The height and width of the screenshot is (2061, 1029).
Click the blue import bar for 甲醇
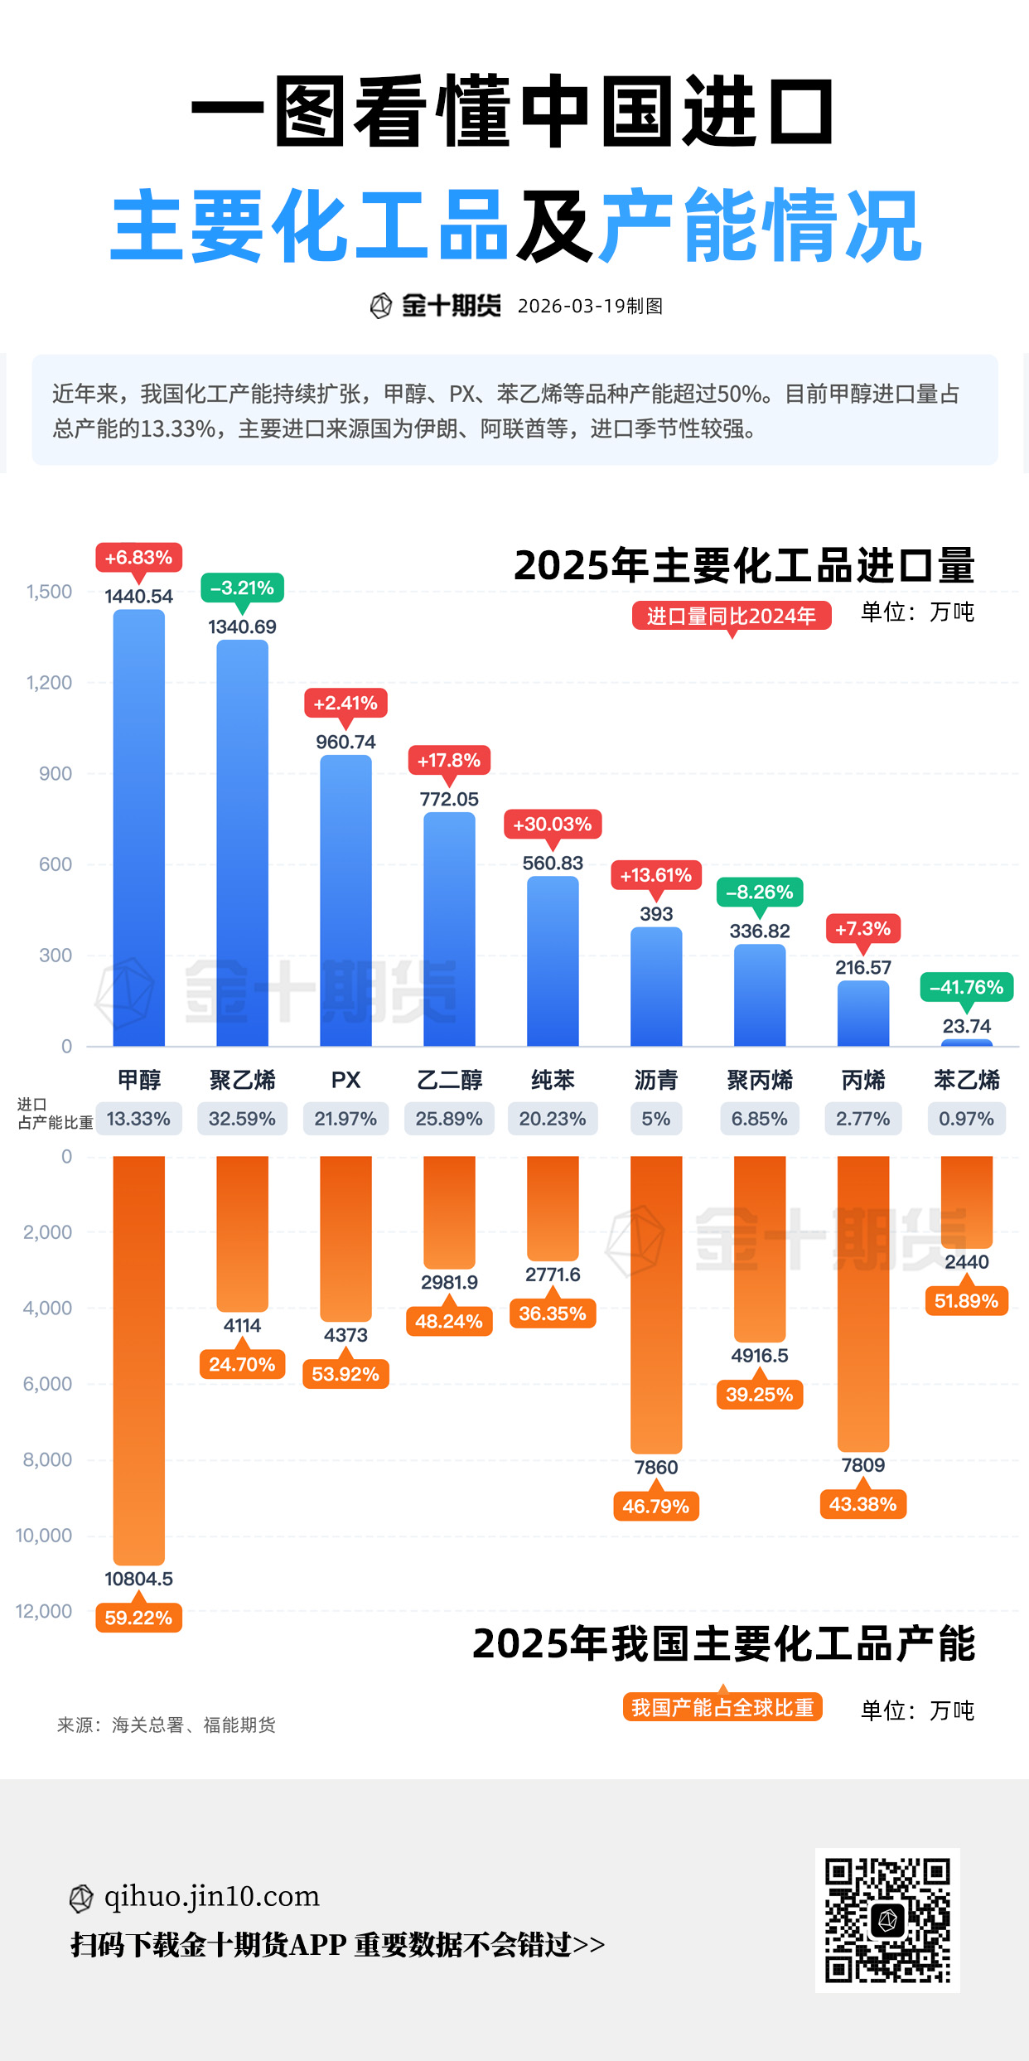click(x=138, y=829)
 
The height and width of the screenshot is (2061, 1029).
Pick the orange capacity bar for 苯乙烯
click(x=966, y=1202)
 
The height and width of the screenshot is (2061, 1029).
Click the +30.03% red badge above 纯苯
click(x=553, y=825)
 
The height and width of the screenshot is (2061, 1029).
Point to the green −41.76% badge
click(x=966, y=987)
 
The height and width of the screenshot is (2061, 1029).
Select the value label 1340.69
click(x=242, y=627)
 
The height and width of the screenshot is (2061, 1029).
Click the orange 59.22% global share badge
click(x=138, y=1618)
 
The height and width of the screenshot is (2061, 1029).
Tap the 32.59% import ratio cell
click(x=242, y=1119)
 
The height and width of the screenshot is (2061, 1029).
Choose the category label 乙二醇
click(x=449, y=1080)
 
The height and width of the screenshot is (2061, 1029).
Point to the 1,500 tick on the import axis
click(x=50, y=592)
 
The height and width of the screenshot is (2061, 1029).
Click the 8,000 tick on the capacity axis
click(x=48, y=1459)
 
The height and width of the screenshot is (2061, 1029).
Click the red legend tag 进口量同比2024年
click(x=732, y=616)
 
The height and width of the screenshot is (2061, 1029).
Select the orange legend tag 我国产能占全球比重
click(x=722, y=1708)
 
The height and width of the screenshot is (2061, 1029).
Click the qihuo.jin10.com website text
click(x=211, y=1896)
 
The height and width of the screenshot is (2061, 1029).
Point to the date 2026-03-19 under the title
click(x=571, y=306)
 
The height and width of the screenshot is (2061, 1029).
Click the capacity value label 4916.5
click(x=760, y=1356)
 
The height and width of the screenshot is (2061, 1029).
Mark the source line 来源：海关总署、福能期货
click(x=166, y=1725)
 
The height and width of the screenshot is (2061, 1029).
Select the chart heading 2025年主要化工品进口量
click(x=744, y=565)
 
